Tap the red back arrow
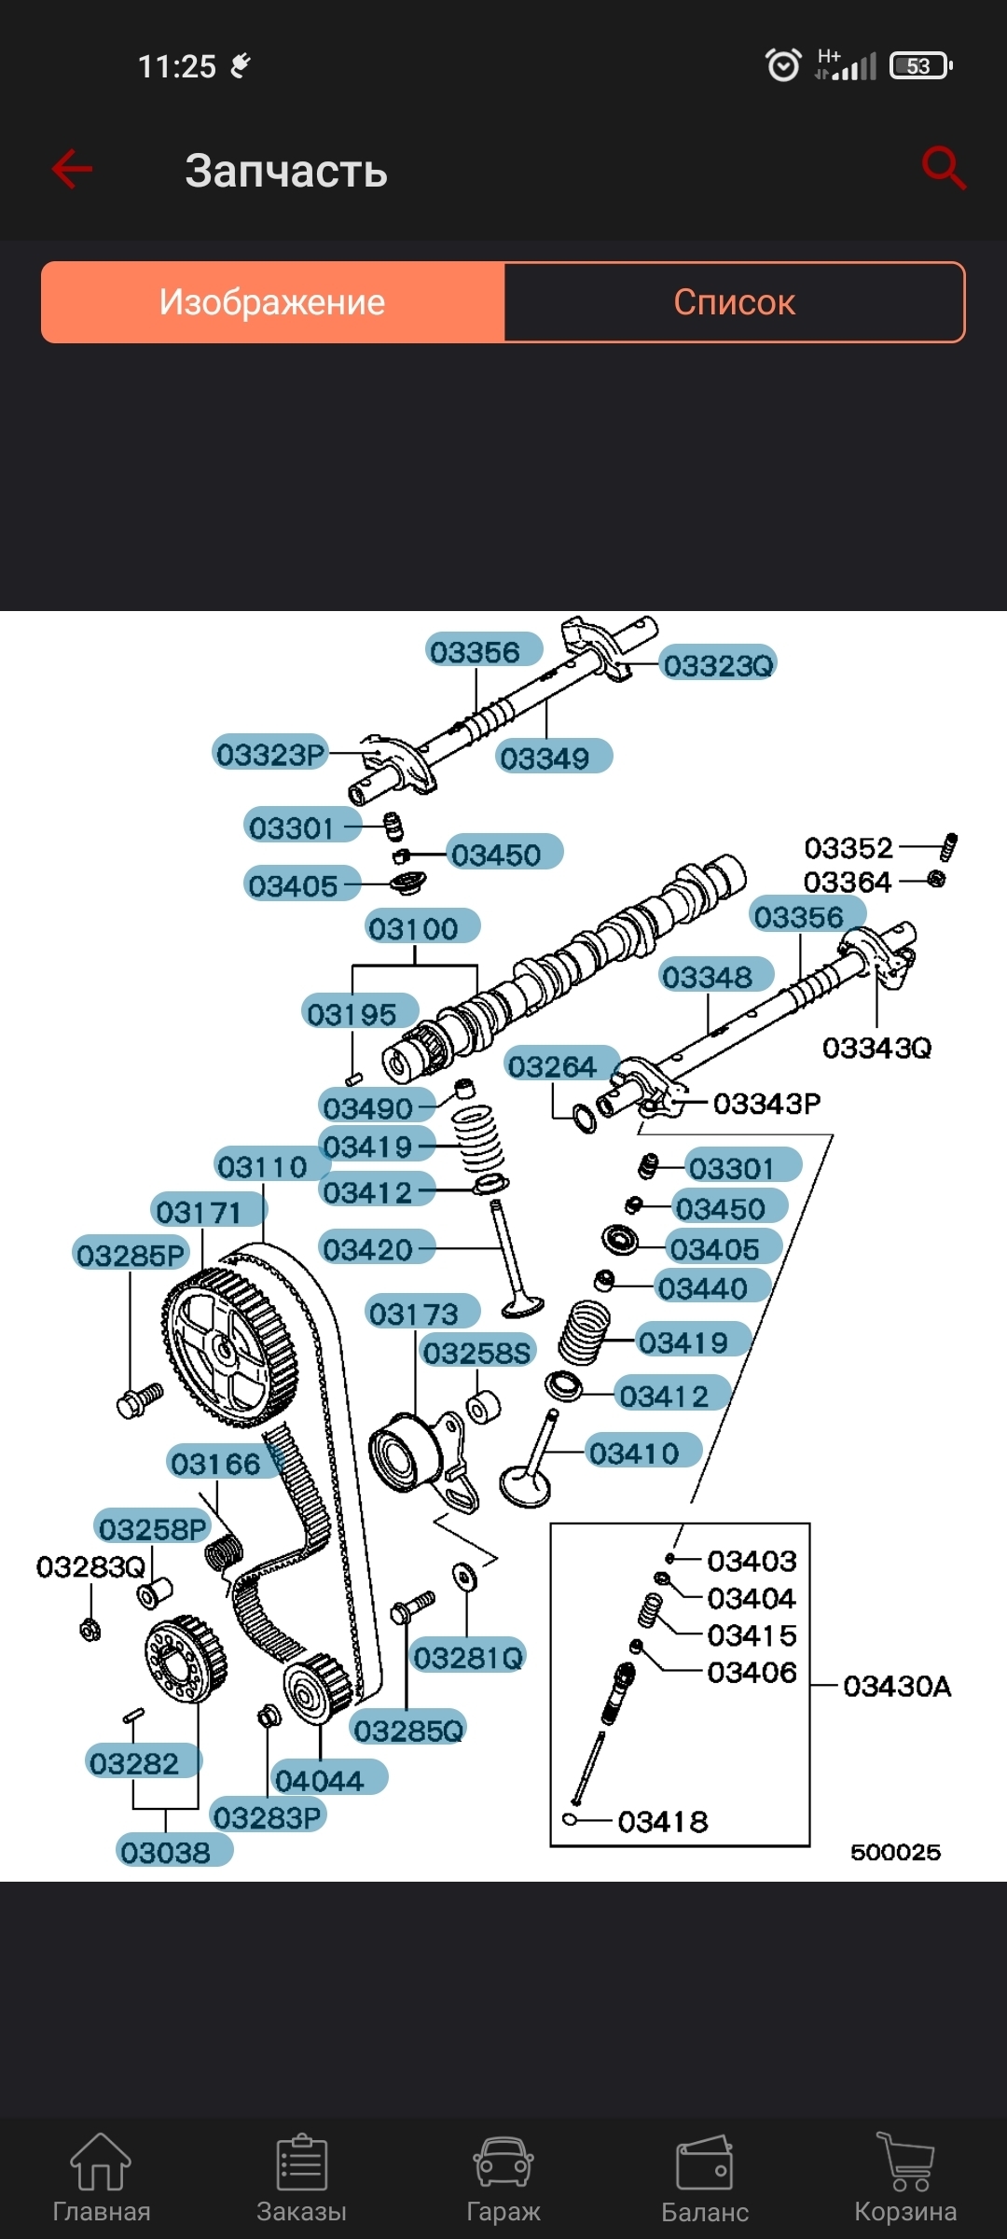72,169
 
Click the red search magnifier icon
943,168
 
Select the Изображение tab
272,302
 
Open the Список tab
734,302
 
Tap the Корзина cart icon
905,2163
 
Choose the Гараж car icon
503,2163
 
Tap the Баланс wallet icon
704,2163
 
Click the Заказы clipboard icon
301,2163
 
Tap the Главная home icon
101,2163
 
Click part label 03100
413,928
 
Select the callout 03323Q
718,665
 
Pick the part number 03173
414,1314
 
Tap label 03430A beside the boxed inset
897,1686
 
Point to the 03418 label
663,1821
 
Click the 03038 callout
166,1852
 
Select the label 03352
848,848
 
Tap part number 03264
552,1066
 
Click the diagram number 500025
895,1852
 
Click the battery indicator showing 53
920,66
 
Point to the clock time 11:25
177,66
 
